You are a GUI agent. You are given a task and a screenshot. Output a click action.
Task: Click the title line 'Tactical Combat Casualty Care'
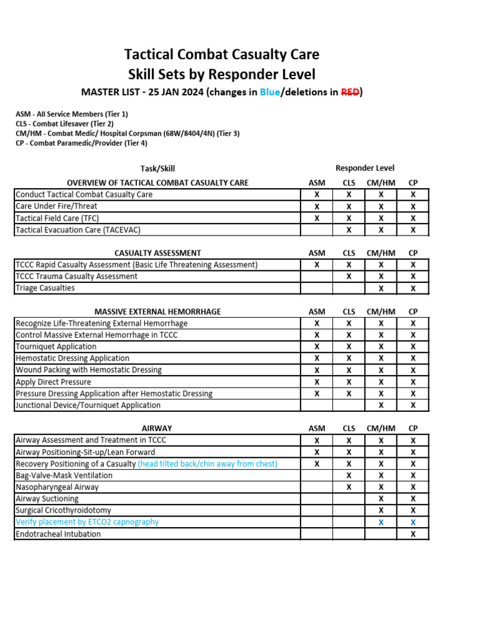222,55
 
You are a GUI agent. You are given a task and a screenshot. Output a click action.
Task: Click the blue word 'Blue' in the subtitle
271,93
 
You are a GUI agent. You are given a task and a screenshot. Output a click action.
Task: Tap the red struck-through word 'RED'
349,93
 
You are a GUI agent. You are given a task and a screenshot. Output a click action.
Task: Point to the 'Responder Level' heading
365,168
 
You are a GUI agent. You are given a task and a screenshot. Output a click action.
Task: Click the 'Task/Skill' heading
157,168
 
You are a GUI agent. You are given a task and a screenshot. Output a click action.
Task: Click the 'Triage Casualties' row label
45,288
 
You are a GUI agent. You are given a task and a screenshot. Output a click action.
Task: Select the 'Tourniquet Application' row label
56,346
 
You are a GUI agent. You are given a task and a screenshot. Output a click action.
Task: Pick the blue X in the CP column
413,522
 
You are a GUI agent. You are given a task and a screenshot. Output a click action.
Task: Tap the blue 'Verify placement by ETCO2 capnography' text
87,522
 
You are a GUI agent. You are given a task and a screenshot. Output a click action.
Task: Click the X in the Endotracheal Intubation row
413,534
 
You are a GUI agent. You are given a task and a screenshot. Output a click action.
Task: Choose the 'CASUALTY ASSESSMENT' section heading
157,253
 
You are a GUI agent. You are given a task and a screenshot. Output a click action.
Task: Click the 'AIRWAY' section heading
157,429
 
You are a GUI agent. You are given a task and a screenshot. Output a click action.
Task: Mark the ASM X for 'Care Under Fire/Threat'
317,206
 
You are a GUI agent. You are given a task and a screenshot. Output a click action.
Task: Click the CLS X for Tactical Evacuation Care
349,230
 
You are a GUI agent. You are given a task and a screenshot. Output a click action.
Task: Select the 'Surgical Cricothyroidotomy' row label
63,510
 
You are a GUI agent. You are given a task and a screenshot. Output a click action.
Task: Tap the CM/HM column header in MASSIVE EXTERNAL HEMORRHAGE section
381,312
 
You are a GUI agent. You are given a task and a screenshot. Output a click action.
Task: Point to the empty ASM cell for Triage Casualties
317,288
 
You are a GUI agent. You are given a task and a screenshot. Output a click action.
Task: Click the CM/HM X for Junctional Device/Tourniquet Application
381,405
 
